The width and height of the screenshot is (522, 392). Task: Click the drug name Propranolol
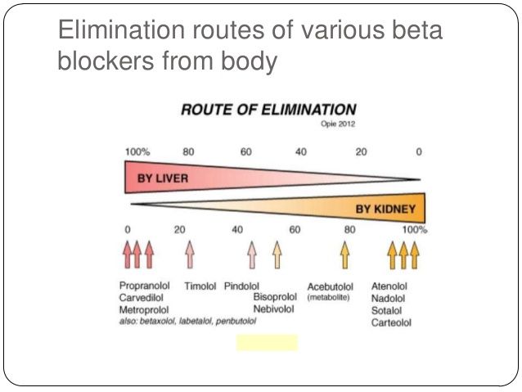[x=145, y=286]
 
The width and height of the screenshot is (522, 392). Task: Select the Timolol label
[x=200, y=286]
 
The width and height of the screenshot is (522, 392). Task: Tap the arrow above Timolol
[x=190, y=255]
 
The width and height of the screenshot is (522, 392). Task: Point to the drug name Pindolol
[x=241, y=286]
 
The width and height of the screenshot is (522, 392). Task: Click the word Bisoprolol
[x=275, y=297]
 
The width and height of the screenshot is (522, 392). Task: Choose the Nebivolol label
[x=273, y=309]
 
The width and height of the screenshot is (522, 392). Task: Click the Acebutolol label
[x=330, y=286]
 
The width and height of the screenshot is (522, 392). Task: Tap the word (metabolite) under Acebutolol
[x=328, y=297]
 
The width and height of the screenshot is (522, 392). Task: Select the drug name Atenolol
[x=389, y=286]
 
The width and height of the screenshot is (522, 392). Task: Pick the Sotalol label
[x=386, y=311]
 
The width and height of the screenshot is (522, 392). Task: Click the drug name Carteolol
[x=391, y=322]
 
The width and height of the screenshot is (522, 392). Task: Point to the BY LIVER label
[x=163, y=178]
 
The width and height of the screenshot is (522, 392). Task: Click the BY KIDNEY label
[x=385, y=210]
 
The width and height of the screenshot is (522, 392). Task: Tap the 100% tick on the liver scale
[x=137, y=152]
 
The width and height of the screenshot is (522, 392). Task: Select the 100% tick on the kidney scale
[x=415, y=229]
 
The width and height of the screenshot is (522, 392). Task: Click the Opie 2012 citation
[x=338, y=124]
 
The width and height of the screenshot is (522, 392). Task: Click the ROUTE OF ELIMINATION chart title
[x=268, y=110]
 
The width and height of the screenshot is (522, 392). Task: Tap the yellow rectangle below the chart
[x=267, y=342]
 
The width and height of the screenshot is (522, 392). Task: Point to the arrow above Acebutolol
[x=345, y=255]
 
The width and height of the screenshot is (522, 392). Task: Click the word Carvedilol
[x=142, y=297]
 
